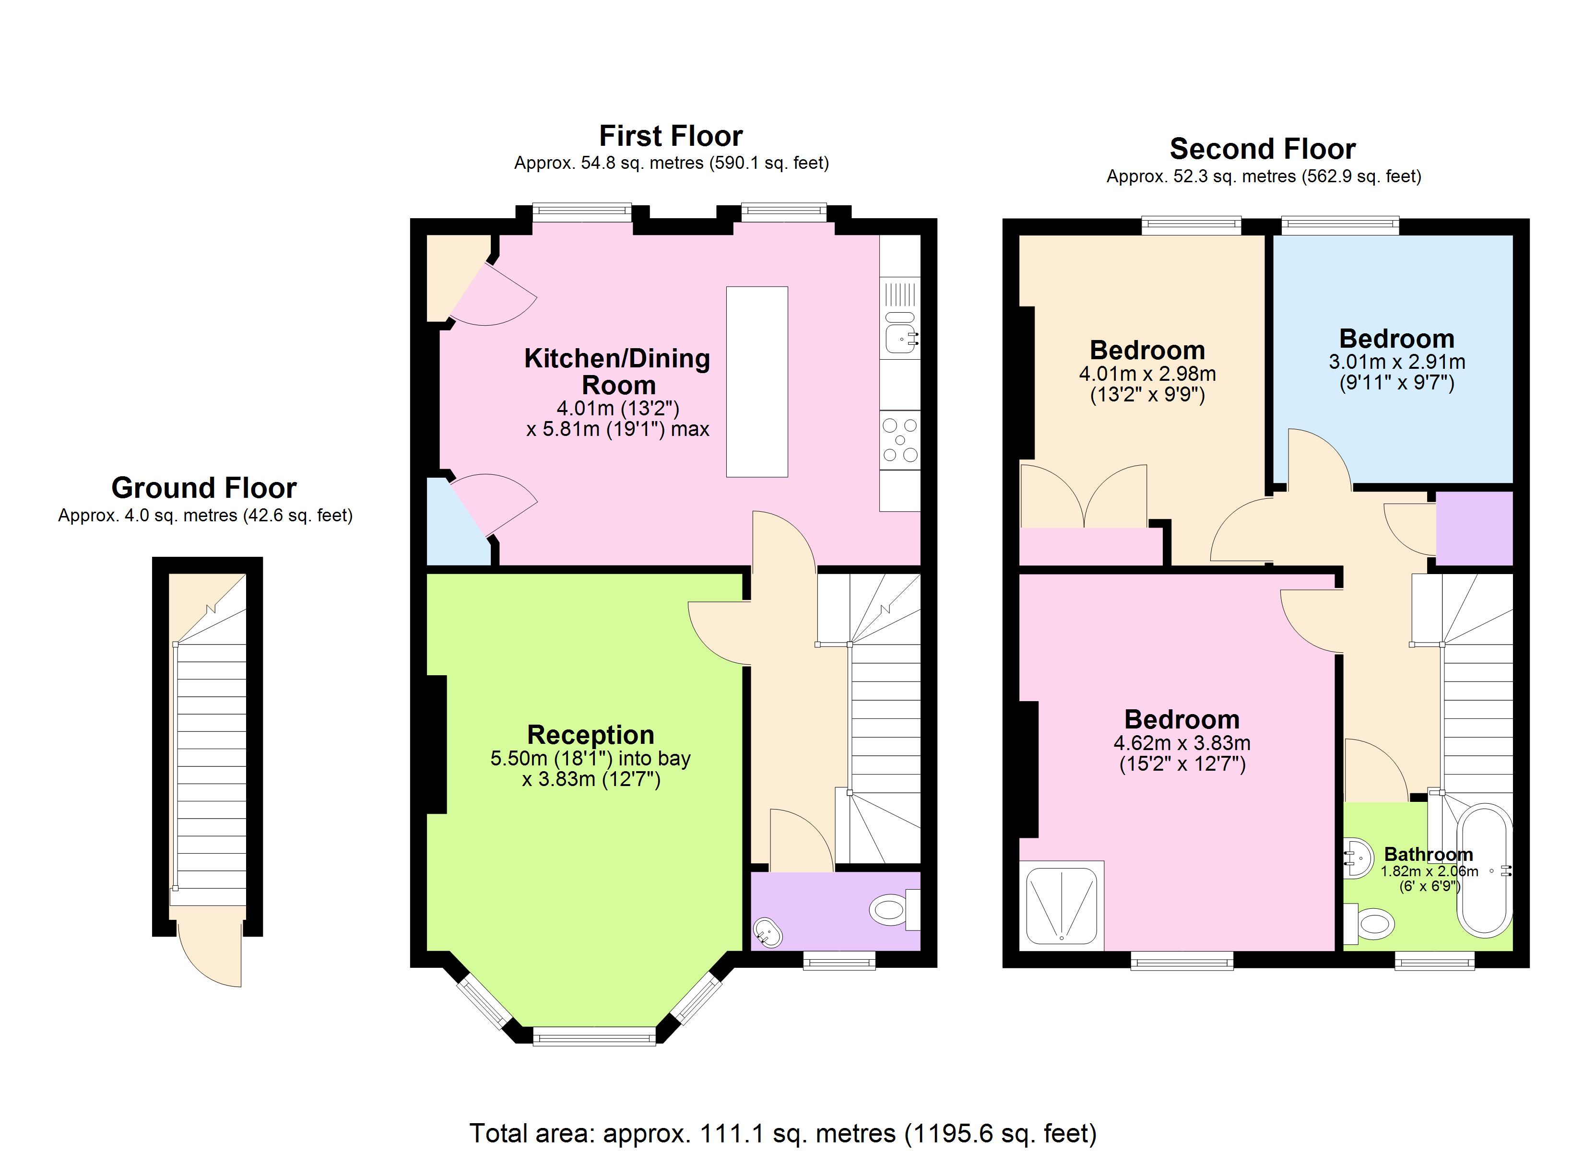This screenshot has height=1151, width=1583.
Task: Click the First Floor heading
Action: [671, 136]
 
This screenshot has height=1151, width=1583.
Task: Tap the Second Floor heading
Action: [1263, 149]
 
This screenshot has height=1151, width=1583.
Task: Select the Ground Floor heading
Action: [204, 488]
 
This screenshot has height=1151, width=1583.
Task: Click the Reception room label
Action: [591, 735]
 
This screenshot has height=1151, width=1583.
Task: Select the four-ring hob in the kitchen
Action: [900, 440]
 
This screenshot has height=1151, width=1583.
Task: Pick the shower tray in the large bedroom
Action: [1062, 905]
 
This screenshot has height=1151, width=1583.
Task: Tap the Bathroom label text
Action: [1428, 854]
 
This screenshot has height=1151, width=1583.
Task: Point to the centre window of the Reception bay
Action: [594, 1036]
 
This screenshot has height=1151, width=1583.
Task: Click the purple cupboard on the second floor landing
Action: [1474, 529]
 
